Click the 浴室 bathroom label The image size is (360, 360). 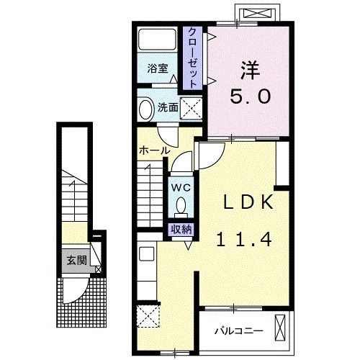pos(158,70)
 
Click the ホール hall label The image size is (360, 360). pos(154,151)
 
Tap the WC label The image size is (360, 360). pos(180,187)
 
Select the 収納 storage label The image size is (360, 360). pos(181,230)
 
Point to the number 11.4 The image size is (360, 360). pos(245,240)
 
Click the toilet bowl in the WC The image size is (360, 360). pos(180,206)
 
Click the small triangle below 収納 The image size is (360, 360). pos(186,245)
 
